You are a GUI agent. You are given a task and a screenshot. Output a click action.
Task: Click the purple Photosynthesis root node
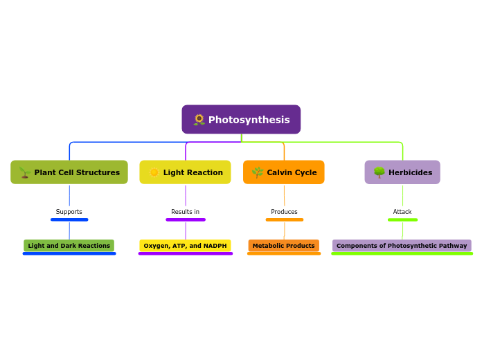coord(241,120)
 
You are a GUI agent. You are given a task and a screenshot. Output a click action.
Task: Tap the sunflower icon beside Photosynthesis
coord(199,120)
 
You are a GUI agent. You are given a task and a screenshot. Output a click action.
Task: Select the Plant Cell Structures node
coord(69,172)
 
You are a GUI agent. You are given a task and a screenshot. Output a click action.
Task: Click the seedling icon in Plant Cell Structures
coord(24,172)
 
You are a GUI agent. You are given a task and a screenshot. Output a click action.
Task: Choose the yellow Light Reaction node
coord(185,172)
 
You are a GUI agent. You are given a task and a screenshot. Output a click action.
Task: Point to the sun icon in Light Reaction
coord(154,172)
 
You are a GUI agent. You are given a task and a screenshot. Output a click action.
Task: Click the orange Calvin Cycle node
coord(283,172)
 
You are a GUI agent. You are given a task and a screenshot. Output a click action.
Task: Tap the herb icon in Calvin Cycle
coord(257,172)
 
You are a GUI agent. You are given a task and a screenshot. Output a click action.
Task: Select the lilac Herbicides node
coord(402,172)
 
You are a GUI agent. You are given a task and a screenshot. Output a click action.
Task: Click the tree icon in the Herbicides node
coord(379,172)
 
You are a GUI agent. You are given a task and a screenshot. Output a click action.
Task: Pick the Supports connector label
coord(69,212)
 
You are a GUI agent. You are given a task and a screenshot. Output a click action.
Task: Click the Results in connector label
coord(185,212)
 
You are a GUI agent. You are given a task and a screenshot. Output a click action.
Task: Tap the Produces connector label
coord(284,212)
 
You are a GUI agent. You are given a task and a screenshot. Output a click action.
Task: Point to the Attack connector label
coord(402,212)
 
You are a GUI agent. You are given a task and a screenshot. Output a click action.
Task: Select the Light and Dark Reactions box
coord(69,246)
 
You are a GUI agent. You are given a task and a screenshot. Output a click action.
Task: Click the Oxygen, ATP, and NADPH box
coord(185,246)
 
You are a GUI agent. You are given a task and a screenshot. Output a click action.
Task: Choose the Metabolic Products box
coord(284,246)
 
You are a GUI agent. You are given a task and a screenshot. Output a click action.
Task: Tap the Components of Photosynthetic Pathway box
coord(402,246)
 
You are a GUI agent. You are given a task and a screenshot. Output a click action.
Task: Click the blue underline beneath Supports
coord(69,219)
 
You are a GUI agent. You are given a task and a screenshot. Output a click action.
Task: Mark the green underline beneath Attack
coord(402,219)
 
